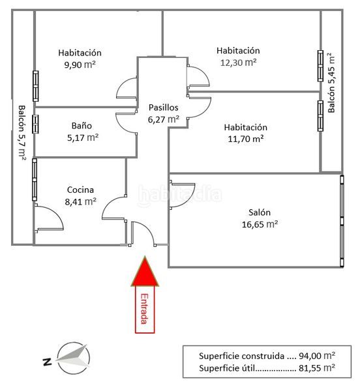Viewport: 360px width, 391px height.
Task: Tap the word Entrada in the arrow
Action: point(144,309)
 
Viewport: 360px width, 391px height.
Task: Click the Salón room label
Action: point(260,212)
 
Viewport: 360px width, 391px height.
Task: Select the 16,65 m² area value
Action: point(260,224)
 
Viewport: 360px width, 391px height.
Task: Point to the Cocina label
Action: point(80,190)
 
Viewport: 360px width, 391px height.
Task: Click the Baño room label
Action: point(82,125)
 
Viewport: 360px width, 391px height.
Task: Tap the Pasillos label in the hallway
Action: point(164,108)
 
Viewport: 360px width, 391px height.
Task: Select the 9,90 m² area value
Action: point(80,65)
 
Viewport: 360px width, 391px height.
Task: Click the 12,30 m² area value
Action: point(238,63)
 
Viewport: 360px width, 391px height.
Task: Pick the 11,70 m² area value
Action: point(246,139)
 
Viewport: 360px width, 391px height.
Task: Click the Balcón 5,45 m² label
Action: point(331,83)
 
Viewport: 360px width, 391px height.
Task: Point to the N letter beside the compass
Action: point(47,362)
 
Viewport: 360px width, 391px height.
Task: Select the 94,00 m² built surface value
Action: point(317,356)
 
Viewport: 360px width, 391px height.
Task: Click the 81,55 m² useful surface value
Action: point(317,368)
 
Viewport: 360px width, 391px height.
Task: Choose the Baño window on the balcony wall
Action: point(35,124)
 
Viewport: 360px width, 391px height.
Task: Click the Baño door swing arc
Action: point(122,123)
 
